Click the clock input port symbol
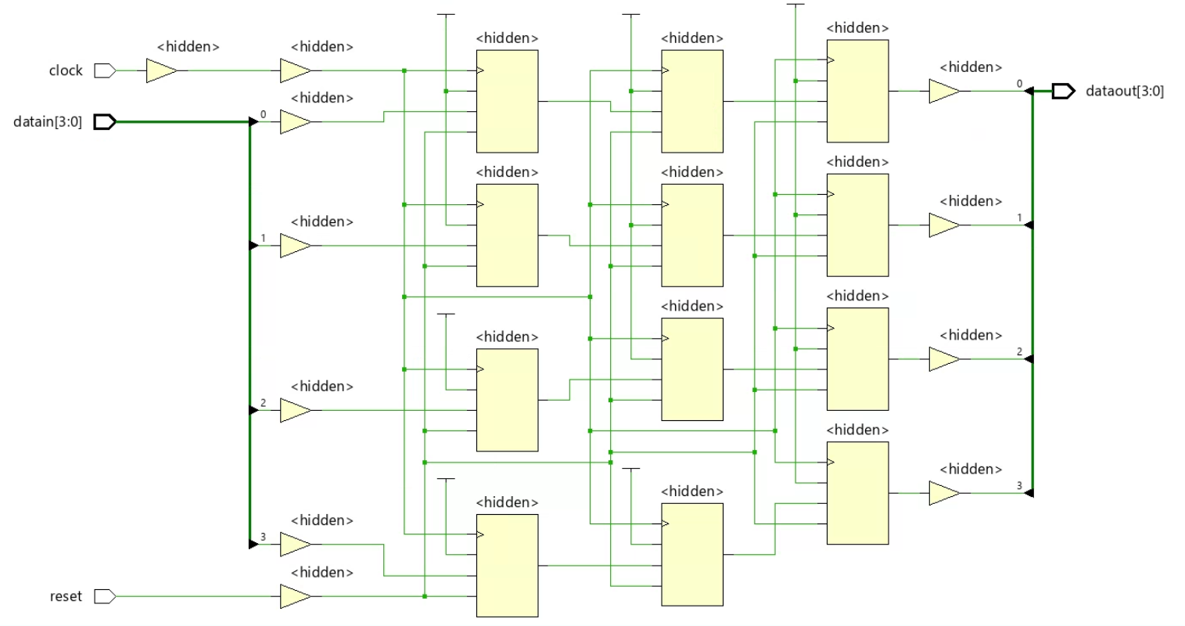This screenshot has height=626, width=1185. (105, 71)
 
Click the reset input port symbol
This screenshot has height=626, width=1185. (105, 597)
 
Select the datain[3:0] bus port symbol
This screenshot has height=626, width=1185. (105, 122)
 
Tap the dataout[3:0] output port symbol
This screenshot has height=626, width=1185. (1063, 92)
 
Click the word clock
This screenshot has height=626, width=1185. (66, 71)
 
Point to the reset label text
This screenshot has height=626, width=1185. (66, 597)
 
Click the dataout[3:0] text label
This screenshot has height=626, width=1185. (1124, 92)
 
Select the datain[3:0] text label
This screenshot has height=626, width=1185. (48, 122)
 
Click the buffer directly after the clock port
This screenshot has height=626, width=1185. (161, 71)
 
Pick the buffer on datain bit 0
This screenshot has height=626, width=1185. (295, 122)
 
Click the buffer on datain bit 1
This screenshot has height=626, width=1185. (295, 246)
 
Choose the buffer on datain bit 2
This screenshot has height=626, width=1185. (295, 411)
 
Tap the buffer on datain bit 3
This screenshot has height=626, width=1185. (295, 545)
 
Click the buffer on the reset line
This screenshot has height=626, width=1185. (295, 597)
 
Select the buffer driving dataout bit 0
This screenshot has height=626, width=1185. (944, 92)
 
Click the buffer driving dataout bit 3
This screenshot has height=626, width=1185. (944, 494)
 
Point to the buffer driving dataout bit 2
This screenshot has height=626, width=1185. (944, 360)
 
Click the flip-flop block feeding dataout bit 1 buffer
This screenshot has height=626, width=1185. (857, 225)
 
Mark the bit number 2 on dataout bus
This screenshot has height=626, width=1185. (1019, 352)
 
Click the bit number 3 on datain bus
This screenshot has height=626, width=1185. (264, 537)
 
